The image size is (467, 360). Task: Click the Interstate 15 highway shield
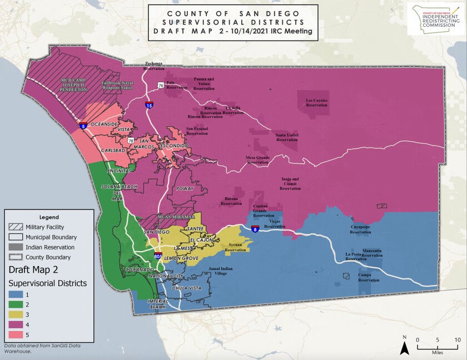(x=149, y=104)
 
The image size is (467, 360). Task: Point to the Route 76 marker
(x=160, y=86)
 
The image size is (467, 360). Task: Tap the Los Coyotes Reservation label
(x=316, y=103)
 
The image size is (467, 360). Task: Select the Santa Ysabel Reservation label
(x=287, y=137)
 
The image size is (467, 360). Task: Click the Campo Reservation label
(x=364, y=277)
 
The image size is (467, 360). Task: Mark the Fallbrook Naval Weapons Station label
(x=117, y=86)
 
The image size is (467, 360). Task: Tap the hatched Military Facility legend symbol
(x=18, y=227)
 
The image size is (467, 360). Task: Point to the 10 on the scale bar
(x=457, y=339)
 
